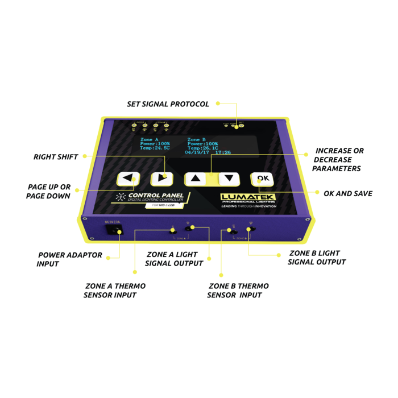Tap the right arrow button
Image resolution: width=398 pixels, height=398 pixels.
(x=161, y=179)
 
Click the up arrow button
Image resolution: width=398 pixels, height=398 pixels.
(x=196, y=178)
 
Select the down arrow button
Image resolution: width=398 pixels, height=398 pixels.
(x=229, y=178)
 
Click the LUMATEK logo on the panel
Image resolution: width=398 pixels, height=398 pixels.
(x=248, y=197)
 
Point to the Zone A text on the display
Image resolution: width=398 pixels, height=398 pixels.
(x=149, y=139)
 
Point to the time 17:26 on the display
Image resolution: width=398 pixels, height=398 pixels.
(x=223, y=152)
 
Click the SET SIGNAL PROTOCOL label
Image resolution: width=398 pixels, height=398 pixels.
(x=168, y=104)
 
